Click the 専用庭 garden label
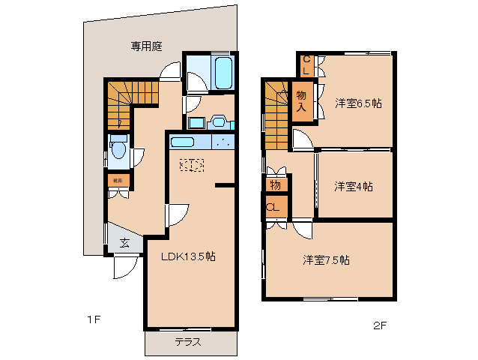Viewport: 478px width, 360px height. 147,46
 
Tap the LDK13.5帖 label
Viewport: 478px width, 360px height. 189,256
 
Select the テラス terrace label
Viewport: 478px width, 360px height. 188,342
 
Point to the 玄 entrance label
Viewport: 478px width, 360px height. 124,242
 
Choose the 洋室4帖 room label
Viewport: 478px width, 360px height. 354,186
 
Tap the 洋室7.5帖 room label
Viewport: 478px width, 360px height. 326,260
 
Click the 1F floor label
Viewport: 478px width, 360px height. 93,319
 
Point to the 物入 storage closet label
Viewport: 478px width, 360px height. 301,101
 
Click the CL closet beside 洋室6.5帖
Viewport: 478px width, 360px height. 307,65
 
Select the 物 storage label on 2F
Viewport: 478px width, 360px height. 275,184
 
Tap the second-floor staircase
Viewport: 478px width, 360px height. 276,112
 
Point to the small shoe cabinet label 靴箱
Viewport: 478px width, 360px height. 118,181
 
